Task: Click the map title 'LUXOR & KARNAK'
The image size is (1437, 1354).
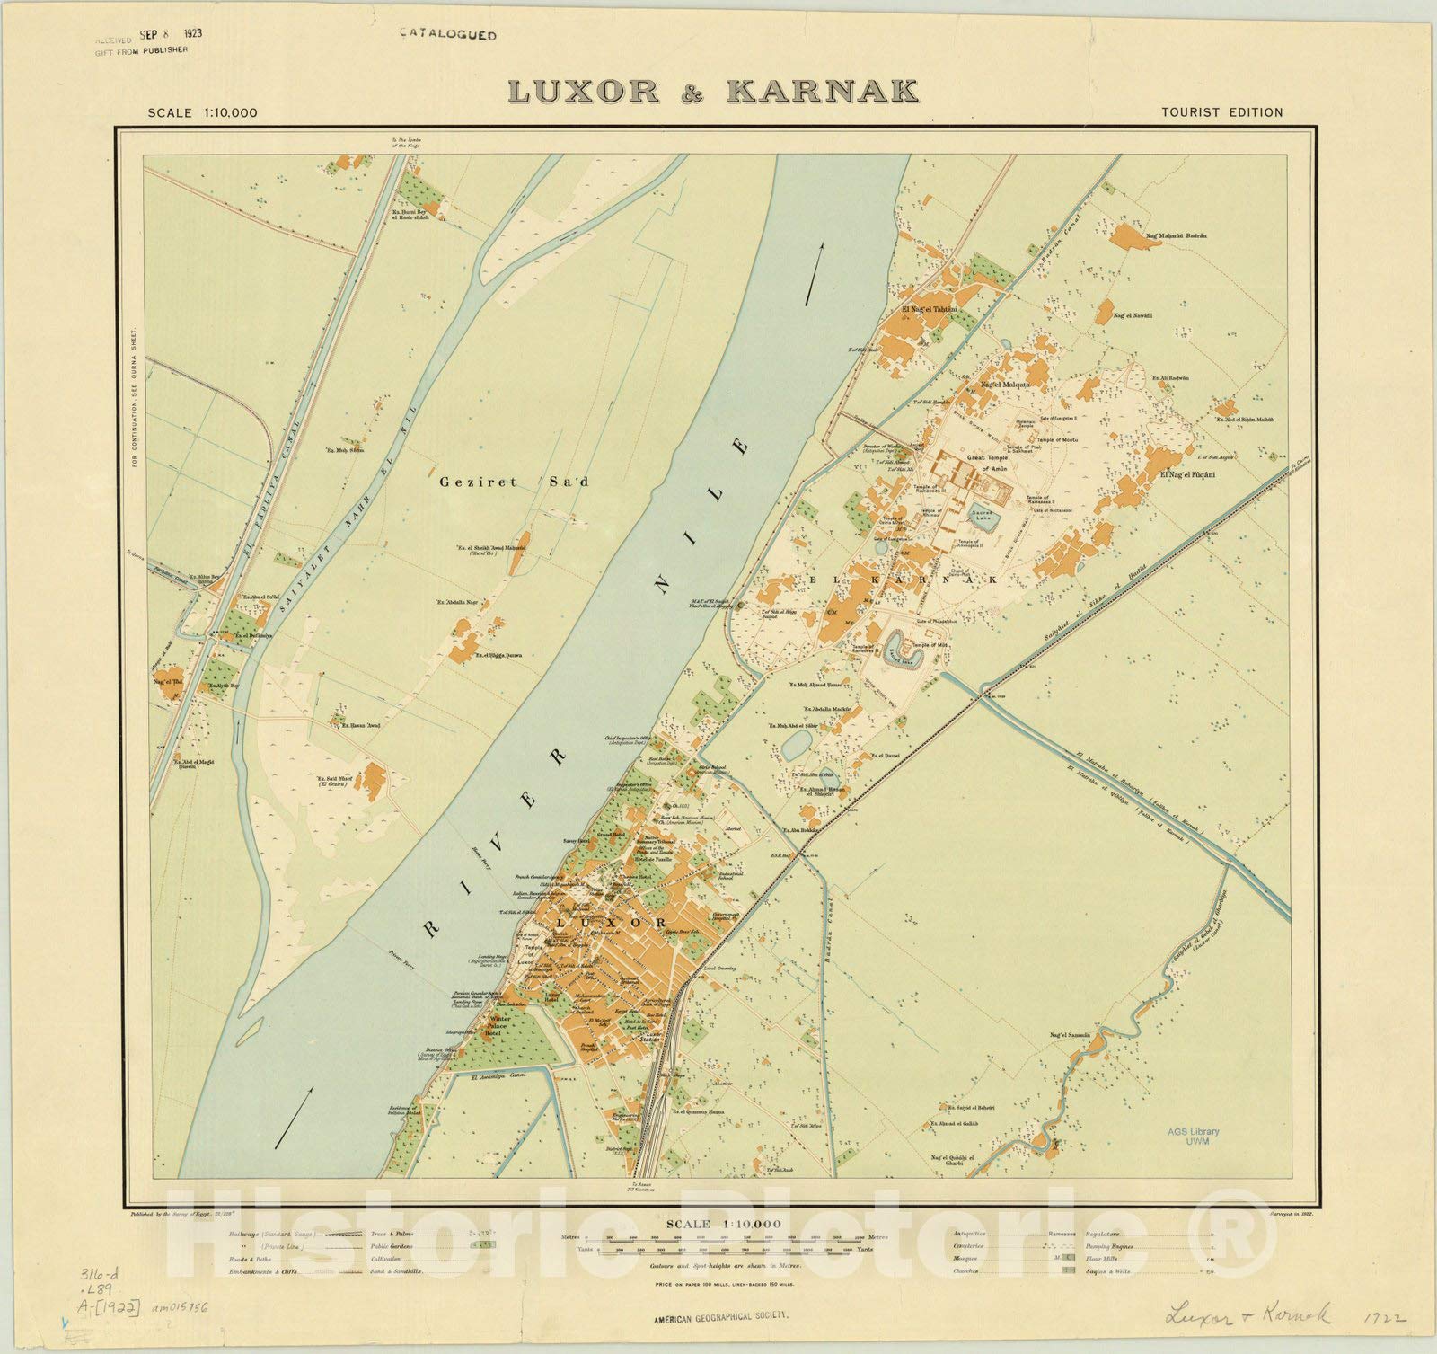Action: (712, 91)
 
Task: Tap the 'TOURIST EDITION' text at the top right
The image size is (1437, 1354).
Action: (1221, 112)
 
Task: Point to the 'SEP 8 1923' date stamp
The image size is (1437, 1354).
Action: (171, 35)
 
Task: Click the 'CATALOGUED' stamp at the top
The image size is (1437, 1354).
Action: (448, 35)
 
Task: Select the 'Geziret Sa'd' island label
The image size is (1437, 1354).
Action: (514, 482)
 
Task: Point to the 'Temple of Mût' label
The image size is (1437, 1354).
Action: (930, 645)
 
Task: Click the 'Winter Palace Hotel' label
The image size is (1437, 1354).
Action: (499, 1026)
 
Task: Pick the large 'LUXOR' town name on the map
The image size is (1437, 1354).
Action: (611, 923)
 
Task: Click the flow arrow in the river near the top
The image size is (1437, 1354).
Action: (813, 273)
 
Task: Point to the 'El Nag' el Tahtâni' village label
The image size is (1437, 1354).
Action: (929, 309)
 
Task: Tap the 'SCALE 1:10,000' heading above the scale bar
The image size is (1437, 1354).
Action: (723, 1224)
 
